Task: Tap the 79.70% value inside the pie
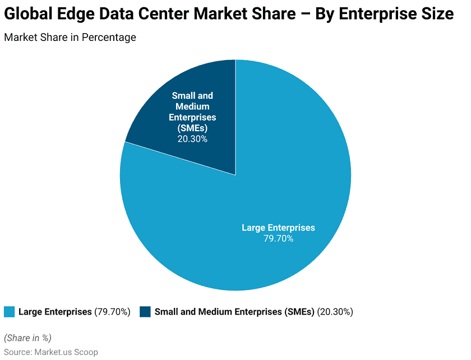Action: [278, 238]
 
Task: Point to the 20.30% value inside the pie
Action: [192, 139]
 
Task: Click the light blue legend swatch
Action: [9, 312]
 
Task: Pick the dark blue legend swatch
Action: [145, 312]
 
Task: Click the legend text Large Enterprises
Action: [55, 312]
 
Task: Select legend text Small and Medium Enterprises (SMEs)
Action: [234, 312]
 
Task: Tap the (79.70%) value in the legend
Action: [112, 312]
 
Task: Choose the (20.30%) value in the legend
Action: [335, 312]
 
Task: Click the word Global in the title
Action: [28, 15]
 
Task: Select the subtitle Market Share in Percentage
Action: [70, 38]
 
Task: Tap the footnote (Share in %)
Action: [27, 338]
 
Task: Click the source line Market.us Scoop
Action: [51, 352]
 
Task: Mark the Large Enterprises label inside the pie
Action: [278, 228]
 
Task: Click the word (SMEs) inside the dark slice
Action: [192, 128]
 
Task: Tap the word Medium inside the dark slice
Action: [192, 107]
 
